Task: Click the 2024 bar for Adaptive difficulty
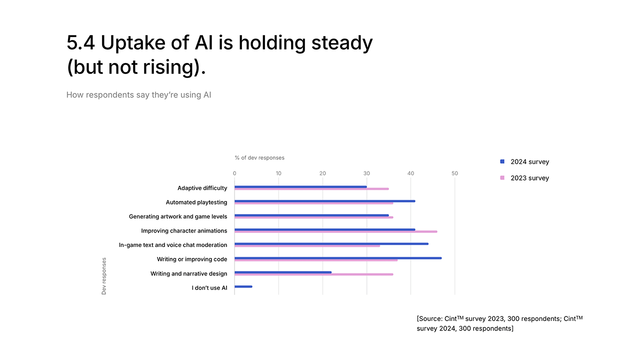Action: pos(300,186)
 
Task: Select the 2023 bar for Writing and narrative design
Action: pos(313,274)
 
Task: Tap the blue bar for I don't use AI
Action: pos(243,286)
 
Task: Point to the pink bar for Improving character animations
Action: pos(335,231)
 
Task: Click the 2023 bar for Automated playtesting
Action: pos(313,203)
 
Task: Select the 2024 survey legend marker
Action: pos(502,161)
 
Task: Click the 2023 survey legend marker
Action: pos(502,178)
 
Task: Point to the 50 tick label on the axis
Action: pos(454,173)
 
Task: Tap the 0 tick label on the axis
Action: pos(234,173)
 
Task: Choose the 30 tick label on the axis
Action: pos(366,173)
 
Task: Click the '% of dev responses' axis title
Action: pos(259,158)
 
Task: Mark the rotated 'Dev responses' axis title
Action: pos(104,276)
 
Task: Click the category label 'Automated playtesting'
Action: pos(196,202)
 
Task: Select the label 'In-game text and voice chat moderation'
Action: pos(173,245)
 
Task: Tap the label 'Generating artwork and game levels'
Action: pos(178,216)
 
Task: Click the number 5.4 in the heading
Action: pos(80,43)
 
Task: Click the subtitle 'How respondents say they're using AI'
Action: pos(138,95)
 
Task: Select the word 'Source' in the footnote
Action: pos(430,319)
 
